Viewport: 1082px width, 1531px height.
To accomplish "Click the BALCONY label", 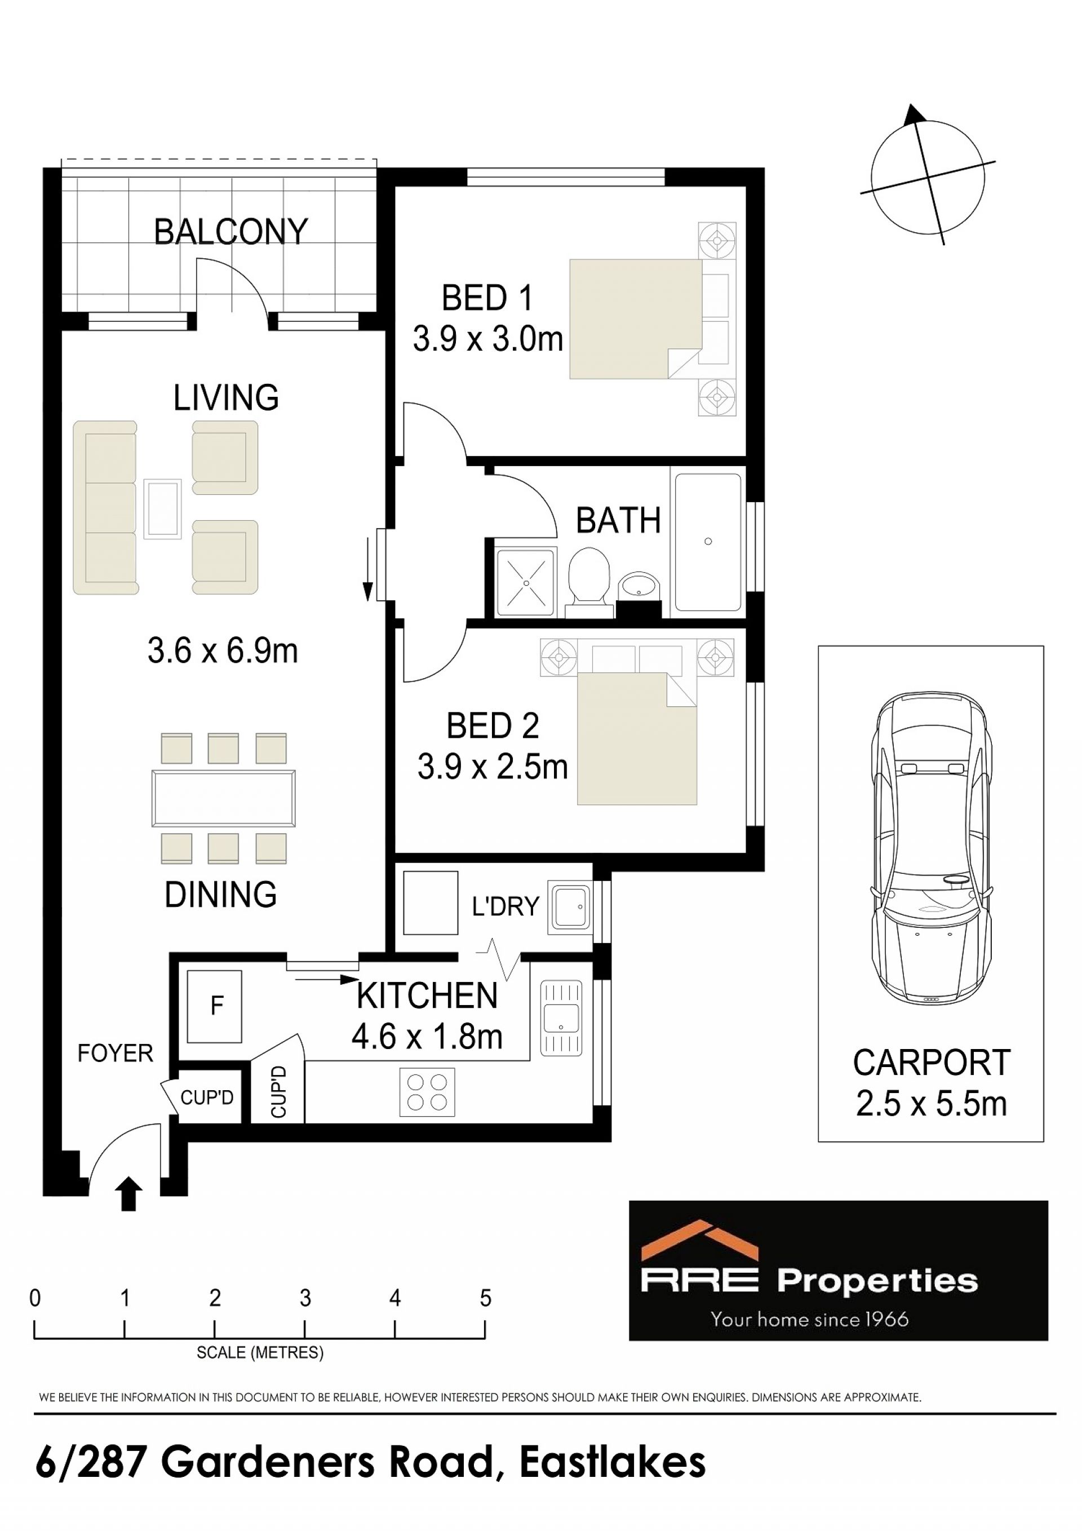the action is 230,232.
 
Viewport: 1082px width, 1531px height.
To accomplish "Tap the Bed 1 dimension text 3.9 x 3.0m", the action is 488,339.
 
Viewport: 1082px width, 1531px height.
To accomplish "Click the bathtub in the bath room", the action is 708,542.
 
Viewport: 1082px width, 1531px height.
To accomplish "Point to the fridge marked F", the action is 215,1006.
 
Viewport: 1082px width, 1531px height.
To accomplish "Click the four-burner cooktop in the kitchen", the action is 427,1092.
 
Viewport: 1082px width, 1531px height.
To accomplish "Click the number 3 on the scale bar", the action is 305,1298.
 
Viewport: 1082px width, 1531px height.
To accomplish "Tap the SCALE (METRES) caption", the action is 260,1352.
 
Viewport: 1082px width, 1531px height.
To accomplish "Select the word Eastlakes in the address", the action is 613,1464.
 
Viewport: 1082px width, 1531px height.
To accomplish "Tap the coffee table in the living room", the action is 163,507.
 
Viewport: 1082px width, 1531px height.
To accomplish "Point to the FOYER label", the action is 116,1053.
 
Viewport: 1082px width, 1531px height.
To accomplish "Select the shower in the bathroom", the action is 526,582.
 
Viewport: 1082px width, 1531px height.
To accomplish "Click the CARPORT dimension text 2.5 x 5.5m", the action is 932,1104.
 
